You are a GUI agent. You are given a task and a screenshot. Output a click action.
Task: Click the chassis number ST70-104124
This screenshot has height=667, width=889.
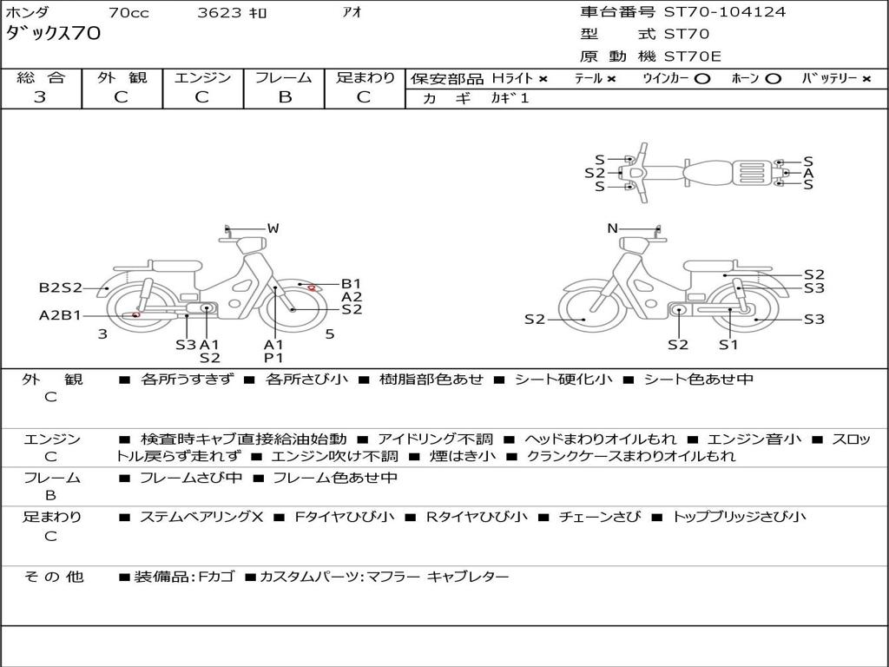click(x=725, y=12)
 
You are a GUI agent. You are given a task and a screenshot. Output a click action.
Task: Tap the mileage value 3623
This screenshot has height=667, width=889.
click(x=220, y=12)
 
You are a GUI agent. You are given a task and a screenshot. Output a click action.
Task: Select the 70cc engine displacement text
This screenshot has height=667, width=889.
click(x=128, y=12)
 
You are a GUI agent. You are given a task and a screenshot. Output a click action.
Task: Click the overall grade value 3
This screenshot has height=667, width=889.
click(x=40, y=97)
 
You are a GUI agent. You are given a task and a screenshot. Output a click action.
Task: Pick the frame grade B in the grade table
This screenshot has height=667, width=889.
click(x=284, y=97)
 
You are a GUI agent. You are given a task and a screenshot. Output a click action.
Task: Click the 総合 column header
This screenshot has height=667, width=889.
click(x=41, y=77)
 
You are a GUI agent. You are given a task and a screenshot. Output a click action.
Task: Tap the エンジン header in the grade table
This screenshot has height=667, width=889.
click(x=202, y=77)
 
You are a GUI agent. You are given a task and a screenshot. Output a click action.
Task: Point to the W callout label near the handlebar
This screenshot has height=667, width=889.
click(x=273, y=228)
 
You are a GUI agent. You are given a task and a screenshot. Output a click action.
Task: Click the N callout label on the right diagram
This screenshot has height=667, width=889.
click(x=612, y=228)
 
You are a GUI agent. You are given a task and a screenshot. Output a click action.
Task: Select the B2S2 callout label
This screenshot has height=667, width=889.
click(x=60, y=287)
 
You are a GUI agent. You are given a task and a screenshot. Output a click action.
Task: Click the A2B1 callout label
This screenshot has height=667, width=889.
click(x=60, y=315)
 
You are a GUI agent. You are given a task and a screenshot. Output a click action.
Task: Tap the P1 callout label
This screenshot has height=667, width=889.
click(x=273, y=358)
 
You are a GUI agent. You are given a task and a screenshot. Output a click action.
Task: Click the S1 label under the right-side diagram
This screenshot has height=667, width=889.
click(x=728, y=345)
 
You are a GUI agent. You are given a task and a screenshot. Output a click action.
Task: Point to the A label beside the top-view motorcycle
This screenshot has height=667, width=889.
click(x=808, y=174)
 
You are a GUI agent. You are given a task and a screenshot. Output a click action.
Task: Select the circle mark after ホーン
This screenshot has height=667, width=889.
click(x=774, y=78)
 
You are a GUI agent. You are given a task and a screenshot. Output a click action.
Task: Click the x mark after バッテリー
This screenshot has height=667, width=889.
click(x=866, y=78)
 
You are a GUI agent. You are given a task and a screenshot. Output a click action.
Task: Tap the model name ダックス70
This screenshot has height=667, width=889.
click(x=53, y=34)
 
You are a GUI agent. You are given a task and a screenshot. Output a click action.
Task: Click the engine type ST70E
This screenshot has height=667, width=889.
click(x=692, y=56)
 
